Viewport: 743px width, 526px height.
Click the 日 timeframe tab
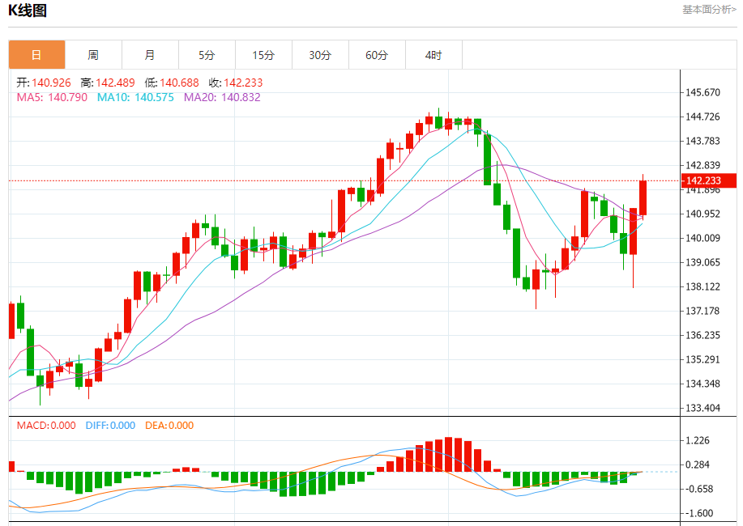click(36, 55)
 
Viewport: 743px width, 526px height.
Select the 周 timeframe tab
click(93, 55)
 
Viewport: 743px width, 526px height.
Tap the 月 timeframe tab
click(150, 55)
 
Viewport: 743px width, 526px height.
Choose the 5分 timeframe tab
click(207, 55)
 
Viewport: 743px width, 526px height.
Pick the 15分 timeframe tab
click(263, 55)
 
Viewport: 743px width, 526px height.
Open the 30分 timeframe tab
click(320, 55)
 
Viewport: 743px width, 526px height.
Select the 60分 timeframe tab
click(377, 55)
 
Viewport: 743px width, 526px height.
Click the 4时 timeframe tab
click(433, 55)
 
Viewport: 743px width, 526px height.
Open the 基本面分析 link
click(709, 10)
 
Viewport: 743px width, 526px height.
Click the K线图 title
click(28, 11)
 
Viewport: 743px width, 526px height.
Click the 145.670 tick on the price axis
click(702, 92)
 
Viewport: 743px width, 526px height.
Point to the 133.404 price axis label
click(702, 408)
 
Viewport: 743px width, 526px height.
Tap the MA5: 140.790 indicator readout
click(52, 97)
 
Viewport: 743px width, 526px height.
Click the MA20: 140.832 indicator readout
click(222, 97)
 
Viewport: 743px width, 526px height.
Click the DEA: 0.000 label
click(169, 426)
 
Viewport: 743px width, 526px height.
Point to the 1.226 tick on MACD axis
click(698, 440)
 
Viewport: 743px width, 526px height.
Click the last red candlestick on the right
click(643, 197)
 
